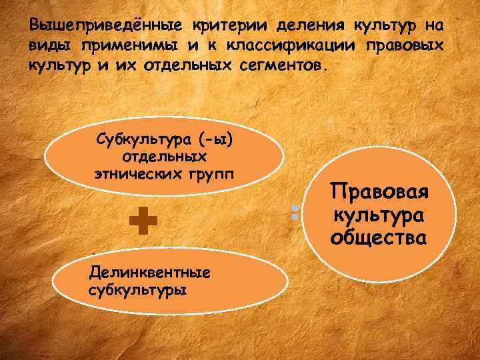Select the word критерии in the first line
[x=219, y=25]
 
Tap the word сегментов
[x=279, y=67]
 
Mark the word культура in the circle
[x=379, y=215]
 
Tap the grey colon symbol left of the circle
[x=293, y=213]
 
